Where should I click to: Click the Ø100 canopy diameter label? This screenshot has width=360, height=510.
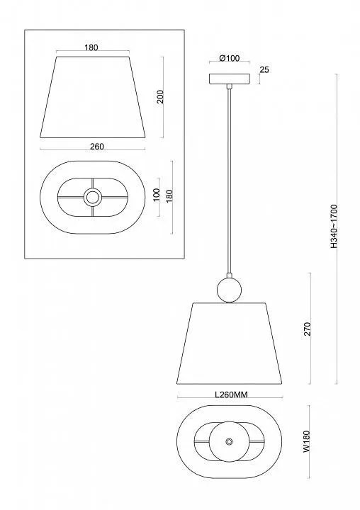230,58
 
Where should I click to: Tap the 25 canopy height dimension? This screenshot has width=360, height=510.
264,69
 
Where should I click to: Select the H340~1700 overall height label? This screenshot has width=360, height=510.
334,227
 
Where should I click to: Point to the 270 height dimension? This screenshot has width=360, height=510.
308,329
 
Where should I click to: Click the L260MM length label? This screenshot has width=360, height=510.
231,395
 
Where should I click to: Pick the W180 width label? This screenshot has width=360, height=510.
307,442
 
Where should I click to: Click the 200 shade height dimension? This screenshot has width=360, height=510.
160,96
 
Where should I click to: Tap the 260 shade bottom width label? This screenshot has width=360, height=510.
97,147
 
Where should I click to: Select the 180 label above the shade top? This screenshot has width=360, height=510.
91,47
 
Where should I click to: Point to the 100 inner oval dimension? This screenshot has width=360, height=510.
157,195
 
